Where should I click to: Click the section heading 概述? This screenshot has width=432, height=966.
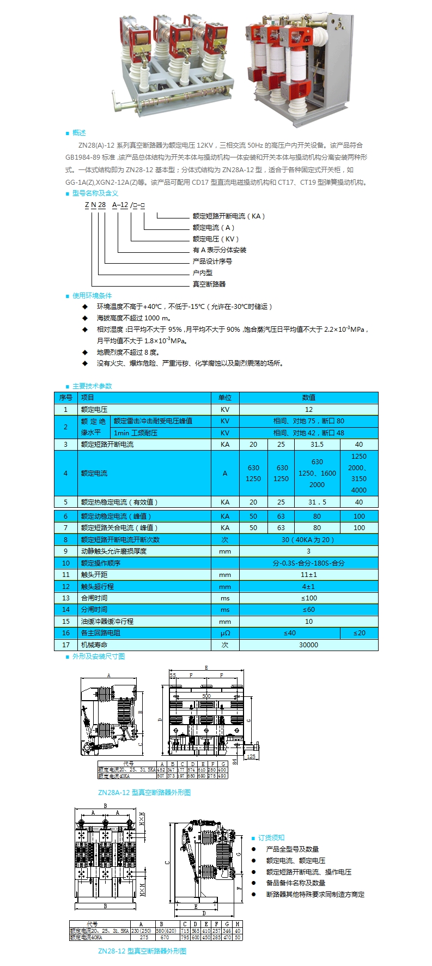click(79, 133)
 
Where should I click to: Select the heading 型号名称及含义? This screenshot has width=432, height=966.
click(95, 193)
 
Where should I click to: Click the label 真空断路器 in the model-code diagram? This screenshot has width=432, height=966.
click(209, 284)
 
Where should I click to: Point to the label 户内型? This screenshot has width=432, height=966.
click(202, 272)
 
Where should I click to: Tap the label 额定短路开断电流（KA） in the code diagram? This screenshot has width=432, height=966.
click(228, 216)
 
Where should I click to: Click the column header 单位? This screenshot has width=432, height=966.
click(225, 398)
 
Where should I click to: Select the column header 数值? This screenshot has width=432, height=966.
click(308, 398)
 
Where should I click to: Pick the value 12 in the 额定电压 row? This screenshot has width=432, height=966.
click(308, 410)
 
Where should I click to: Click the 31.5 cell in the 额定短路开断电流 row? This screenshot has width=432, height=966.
click(317, 445)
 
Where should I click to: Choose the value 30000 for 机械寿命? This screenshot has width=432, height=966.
click(308, 645)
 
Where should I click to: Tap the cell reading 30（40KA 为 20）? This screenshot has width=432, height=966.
click(308, 540)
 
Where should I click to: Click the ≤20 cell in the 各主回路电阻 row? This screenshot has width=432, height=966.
click(359, 633)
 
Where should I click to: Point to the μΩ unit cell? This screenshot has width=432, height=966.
click(225, 633)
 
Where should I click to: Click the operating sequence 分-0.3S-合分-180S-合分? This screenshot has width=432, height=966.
click(308, 563)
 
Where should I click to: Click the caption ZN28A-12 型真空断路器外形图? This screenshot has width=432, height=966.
click(144, 793)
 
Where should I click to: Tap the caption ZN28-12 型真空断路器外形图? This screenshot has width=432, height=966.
click(142, 951)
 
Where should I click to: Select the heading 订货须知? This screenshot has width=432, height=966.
click(271, 838)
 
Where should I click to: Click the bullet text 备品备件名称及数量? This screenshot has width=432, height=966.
click(295, 883)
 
